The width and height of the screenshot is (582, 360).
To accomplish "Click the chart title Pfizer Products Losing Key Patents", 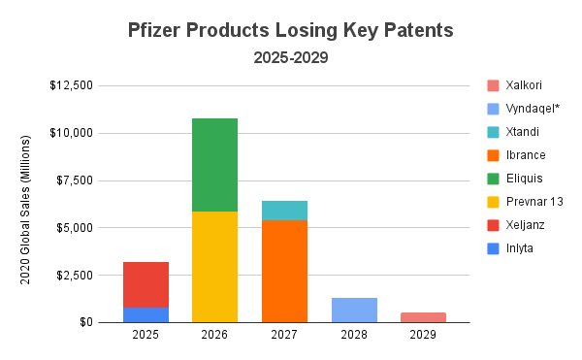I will point(291,30).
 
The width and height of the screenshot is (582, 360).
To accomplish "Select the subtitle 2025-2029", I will point(291,58).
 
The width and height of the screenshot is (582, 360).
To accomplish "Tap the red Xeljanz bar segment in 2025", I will point(145,284).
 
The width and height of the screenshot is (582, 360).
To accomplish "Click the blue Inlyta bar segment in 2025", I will point(145,315).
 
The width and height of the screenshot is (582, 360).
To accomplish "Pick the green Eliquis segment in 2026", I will point(214,165).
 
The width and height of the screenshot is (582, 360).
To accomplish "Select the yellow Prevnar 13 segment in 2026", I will point(214,267).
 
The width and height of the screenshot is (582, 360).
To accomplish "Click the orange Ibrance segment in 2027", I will point(284,272).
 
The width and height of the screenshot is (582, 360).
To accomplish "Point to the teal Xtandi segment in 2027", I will point(284,211).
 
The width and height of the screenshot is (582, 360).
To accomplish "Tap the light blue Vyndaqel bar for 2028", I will point(354,310).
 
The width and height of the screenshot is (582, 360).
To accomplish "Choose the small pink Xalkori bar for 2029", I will point(423,317).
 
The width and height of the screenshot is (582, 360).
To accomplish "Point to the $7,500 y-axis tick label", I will point(74,180).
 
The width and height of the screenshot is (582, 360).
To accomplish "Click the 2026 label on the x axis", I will point(214,336).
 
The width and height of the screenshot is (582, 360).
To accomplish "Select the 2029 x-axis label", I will point(423,336).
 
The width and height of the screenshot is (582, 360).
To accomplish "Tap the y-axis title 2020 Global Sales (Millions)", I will point(26,203).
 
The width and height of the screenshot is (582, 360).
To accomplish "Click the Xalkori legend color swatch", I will point(495,85).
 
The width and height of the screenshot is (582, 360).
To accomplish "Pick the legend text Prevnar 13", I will point(533,202).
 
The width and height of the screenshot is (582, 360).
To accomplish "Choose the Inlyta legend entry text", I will point(520,248).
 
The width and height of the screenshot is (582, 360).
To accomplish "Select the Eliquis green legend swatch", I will point(495,179).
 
